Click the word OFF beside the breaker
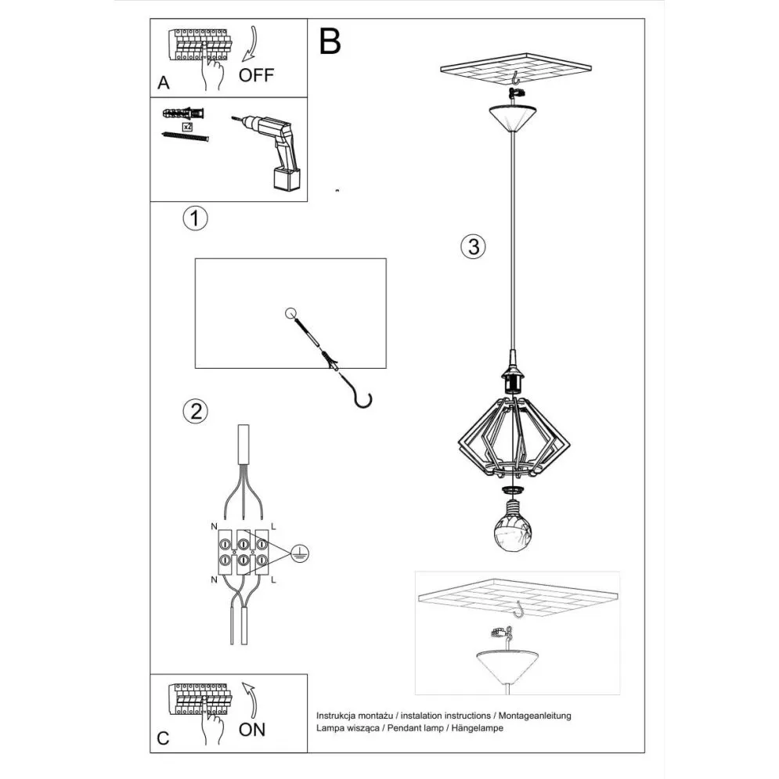[x=257, y=75]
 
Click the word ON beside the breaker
[x=252, y=730]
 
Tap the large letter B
[x=330, y=42]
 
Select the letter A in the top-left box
[x=163, y=82]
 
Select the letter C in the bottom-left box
[x=163, y=738]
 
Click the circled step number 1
[x=195, y=218]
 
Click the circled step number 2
[x=195, y=411]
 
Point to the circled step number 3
[x=473, y=247]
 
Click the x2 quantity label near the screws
[x=187, y=126]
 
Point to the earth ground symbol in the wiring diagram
[x=298, y=553]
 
